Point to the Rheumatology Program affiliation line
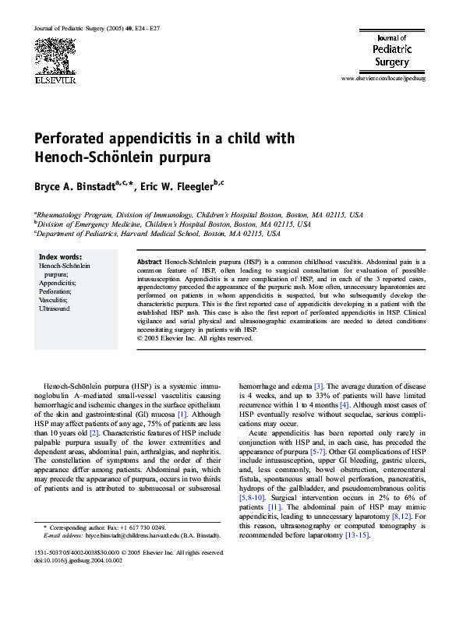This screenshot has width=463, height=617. pyautogui.click(x=198, y=213)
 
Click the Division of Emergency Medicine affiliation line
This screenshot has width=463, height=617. pyautogui.click(x=172, y=223)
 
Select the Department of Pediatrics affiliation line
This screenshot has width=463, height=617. pyautogui.click(x=157, y=233)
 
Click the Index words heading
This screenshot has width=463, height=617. pyautogui.click(x=60, y=257)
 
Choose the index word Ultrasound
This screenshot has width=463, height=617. pyautogui.click(x=54, y=308)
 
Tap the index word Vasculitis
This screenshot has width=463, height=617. pyautogui.click(x=53, y=299)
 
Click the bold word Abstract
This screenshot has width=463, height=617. pyautogui.click(x=149, y=261)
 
